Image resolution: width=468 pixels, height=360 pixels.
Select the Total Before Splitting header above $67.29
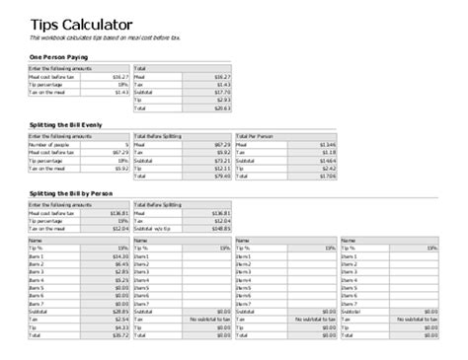pyautogui.click(x=162, y=135)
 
